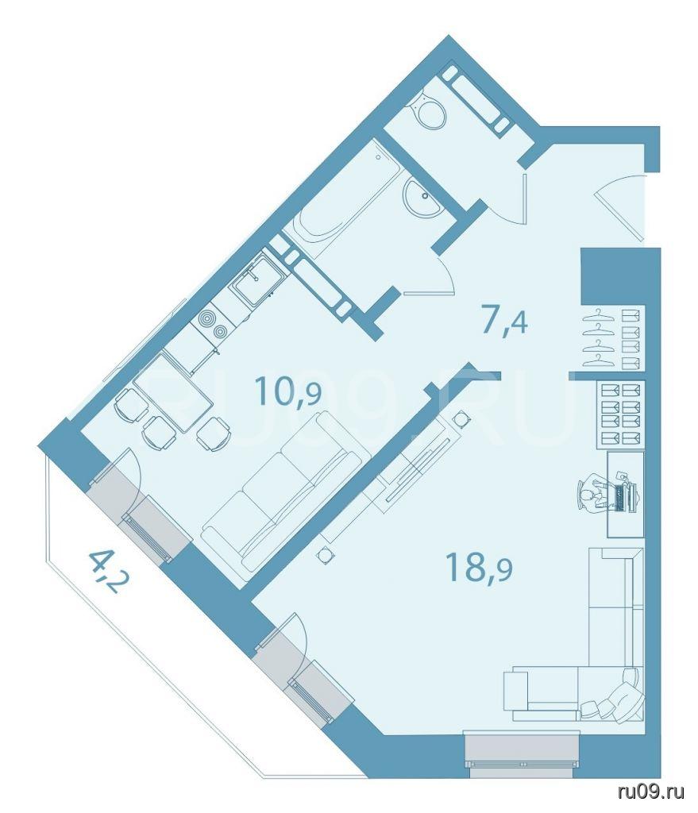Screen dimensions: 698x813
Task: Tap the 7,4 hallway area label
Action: (x=504, y=322)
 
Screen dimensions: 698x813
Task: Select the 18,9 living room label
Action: (x=479, y=567)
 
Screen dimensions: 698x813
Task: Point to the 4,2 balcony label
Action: (x=108, y=571)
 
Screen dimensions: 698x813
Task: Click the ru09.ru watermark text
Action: (x=651, y=792)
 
